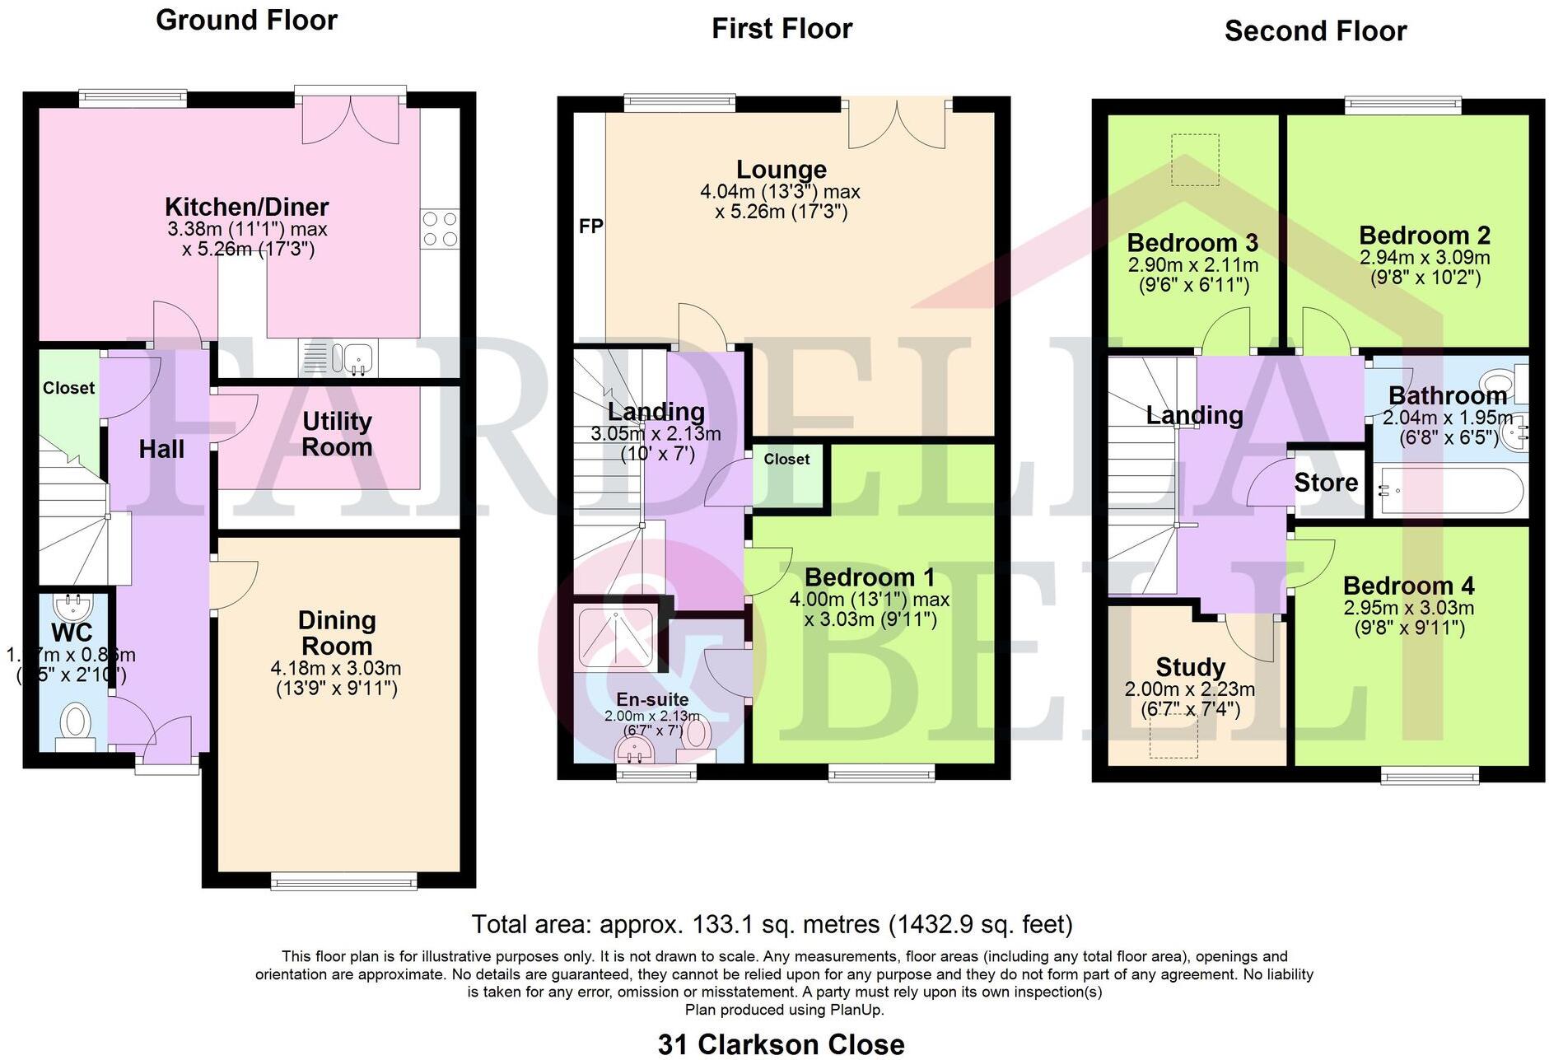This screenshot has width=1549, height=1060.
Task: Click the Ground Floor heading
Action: [x=246, y=20]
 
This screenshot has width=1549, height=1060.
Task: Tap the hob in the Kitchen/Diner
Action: [x=440, y=229]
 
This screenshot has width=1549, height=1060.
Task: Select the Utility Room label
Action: [x=337, y=434]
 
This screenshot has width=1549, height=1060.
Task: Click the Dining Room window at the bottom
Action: [x=343, y=882]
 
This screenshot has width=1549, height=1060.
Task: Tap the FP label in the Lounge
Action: [x=590, y=226]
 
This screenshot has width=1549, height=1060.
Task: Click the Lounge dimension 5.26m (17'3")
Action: [x=781, y=212]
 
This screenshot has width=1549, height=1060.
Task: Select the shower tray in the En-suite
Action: [x=616, y=637]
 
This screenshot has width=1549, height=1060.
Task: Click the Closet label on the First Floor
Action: [x=786, y=460]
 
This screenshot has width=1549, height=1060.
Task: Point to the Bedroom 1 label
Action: [x=870, y=577]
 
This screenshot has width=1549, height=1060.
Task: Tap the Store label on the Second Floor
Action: [x=1326, y=483]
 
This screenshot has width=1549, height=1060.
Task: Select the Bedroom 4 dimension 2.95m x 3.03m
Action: [x=1408, y=609]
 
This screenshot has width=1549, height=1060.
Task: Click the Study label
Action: [x=1190, y=666]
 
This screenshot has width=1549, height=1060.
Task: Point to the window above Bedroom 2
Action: [x=1403, y=105]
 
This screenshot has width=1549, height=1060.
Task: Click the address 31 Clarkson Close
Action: [x=781, y=1044]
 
